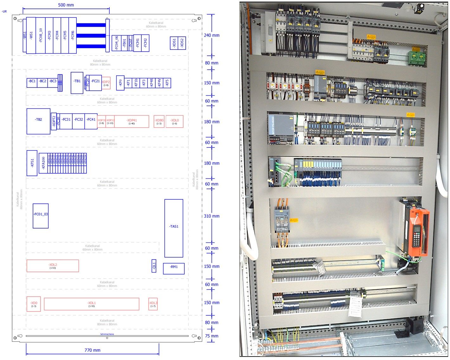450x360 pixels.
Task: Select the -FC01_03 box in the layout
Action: coord(41,216)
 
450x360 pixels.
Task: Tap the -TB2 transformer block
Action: coord(38,121)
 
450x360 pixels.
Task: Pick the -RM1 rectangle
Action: coord(174,268)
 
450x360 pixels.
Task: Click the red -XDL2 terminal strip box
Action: coord(53,266)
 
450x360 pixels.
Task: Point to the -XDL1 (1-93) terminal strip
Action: coord(92,304)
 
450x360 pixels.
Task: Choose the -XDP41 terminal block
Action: coord(132,121)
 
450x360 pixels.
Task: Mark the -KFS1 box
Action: coord(32,163)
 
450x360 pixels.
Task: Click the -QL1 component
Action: coord(154,266)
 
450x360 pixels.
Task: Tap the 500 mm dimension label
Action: coord(66,5)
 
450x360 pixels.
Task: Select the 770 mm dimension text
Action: coord(92,350)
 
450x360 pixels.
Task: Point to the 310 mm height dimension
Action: coord(212,216)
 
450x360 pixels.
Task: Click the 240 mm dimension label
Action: coord(212,35)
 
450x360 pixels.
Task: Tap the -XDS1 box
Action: coord(174,43)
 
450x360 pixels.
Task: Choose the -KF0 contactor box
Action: coord(120,83)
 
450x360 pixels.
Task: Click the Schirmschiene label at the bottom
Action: coord(107,334)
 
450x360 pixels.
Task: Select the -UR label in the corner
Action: coord(4,11)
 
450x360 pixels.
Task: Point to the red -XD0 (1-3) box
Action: coord(34,304)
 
